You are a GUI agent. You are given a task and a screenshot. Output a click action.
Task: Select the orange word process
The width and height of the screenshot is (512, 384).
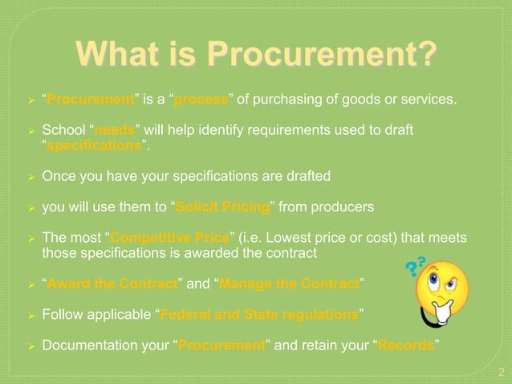pyautogui.click(x=201, y=100)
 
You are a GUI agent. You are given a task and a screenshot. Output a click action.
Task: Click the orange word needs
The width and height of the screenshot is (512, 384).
pyautogui.click(x=120, y=130)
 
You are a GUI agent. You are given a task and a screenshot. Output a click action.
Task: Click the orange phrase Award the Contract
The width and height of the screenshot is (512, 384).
pyautogui.click(x=112, y=283)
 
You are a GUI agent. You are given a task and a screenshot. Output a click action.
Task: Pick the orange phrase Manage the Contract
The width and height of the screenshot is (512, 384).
pyautogui.click(x=289, y=283)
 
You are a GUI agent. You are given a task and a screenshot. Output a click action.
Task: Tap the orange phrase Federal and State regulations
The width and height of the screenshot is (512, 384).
pyautogui.click(x=259, y=314)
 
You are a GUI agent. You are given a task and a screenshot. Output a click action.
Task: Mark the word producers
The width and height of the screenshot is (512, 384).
pyautogui.click(x=340, y=207)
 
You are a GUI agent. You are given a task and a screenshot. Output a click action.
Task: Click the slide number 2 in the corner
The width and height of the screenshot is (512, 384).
pyautogui.click(x=501, y=372)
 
